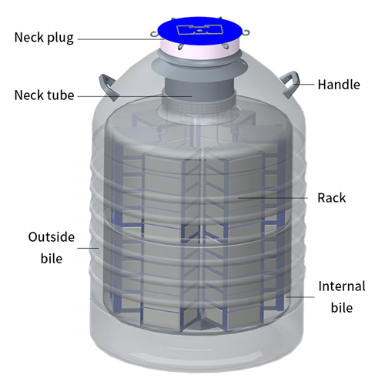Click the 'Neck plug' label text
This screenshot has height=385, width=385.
coord(44,38)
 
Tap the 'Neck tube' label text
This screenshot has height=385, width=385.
coord(44,95)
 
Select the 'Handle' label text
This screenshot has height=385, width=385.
coord(339,85)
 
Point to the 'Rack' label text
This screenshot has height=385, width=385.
coord(332,198)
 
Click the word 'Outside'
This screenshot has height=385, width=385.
coord(52,237)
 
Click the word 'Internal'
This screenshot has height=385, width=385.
coord(342,286)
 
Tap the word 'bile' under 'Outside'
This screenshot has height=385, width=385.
coord(52,258)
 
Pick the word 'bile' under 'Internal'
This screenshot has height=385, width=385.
coord(342,307)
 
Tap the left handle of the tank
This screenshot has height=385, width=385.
coord(109,87)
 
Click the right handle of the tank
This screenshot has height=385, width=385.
coord(290,83)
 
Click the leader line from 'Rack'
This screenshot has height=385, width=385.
coord(273,198)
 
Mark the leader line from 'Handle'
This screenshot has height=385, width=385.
coord(305,84)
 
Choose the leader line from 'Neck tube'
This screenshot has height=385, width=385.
coord(135,96)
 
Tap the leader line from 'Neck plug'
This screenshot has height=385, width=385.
coord(121,39)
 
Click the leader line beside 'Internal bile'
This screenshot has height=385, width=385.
coord(300,297)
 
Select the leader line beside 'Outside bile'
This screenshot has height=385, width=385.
coord(89,248)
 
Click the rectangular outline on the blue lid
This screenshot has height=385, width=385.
coord(199,30)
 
